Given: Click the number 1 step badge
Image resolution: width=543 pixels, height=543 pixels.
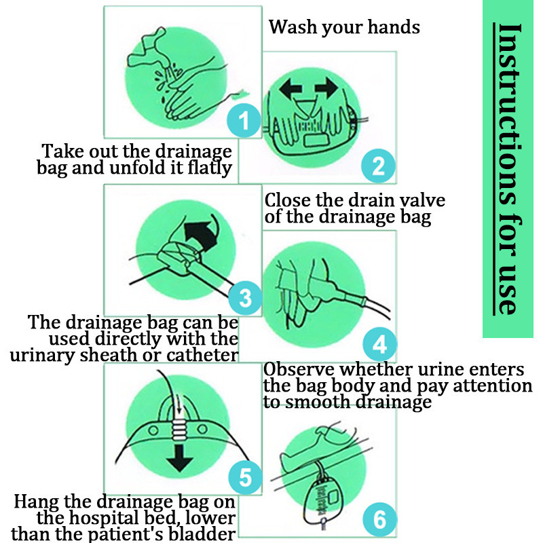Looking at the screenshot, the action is pos(244,120).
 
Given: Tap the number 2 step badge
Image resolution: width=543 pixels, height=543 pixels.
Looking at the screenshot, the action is pos(378,166).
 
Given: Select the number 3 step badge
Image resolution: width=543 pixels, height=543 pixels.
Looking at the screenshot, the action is pos(245,298).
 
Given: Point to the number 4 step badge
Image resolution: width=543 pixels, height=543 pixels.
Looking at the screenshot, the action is pos(379,344).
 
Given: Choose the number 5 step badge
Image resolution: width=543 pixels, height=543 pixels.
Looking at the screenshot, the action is pos(245,477).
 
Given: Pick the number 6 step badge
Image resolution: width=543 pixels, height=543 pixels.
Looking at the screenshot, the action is pos(379,519).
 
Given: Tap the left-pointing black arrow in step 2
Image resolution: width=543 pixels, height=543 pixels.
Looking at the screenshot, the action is pos(291,87).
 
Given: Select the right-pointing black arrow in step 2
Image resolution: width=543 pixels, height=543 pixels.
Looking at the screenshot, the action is pos(326,87).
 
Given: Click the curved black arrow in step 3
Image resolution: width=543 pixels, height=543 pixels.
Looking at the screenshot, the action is pos(201,236).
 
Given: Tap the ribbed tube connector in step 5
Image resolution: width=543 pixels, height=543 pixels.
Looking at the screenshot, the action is pos(179,430).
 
